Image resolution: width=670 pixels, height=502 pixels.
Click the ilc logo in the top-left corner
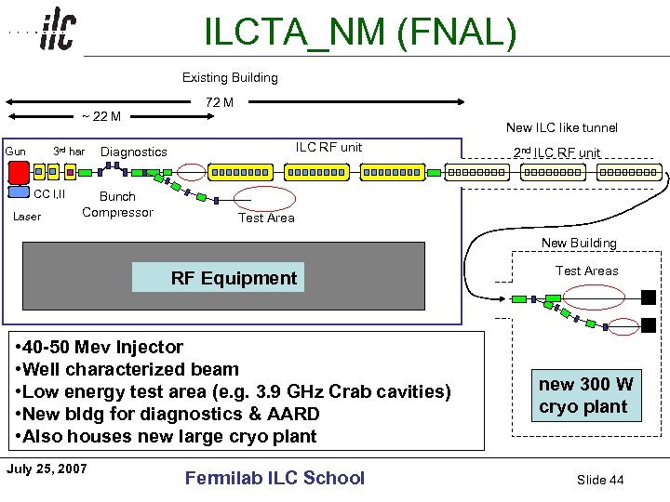tap(58, 32)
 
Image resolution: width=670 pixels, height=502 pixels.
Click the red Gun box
tap(18, 172)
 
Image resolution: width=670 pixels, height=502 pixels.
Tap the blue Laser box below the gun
tap(19, 193)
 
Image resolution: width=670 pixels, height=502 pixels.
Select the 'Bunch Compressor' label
tap(117, 205)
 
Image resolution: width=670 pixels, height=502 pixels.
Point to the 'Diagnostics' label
tap(134, 152)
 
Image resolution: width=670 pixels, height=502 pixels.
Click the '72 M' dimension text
tap(220, 102)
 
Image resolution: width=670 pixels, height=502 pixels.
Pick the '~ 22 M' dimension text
tap(100, 116)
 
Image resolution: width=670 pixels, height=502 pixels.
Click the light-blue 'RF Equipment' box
tap(218, 278)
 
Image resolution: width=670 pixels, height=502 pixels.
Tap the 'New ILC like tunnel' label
tap(561, 127)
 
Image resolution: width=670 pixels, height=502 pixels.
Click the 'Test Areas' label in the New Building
tap(586, 271)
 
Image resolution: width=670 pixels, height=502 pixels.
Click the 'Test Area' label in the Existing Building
tap(266, 218)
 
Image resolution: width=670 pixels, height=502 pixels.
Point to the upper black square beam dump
tap(649, 297)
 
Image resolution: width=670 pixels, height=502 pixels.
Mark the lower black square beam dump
tap(649, 325)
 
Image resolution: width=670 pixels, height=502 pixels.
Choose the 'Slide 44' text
tap(600, 480)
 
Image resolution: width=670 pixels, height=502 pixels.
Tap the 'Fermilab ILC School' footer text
tap(275, 478)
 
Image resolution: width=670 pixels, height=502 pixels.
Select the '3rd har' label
tap(69, 152)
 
